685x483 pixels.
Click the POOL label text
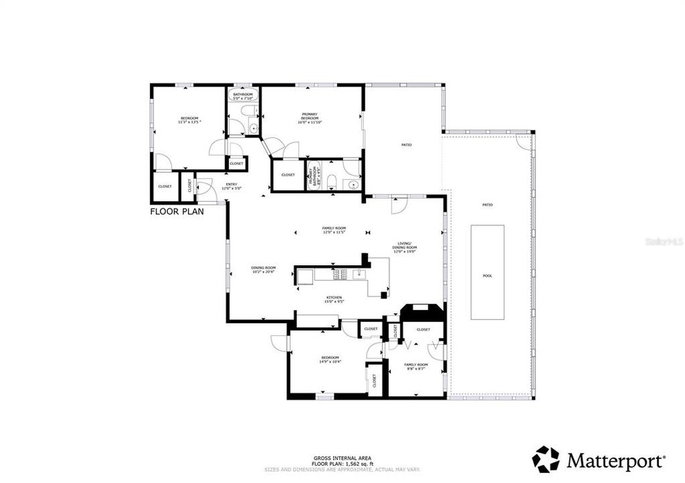pyautogui.click(x=487, y=276)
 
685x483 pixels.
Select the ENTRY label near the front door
pyautogui.click(x=231, y=186)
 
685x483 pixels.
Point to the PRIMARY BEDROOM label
pyautogui.click(x=310, y=118)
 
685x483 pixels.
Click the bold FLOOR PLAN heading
pyautogui.click(x=177, y=211)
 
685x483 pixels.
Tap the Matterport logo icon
pyautogui.click(x=545, y=460)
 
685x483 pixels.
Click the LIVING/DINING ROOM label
pyautogui.click(x=404, y=248)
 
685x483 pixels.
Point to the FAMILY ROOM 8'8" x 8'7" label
pyautogui.click(x=415, y=366)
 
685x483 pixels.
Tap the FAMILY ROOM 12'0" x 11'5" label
pyautogui.click(x=333, y=230)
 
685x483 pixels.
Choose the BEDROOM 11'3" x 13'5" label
pyautogui.click(x=189, y=120)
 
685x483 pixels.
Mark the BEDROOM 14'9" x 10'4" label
pyautogui.click(x=330, y=360)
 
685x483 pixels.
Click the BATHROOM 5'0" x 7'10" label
pyautogui.click(x=242, y=96)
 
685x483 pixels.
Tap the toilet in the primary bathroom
pyautogui.click(x=332, y=179)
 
